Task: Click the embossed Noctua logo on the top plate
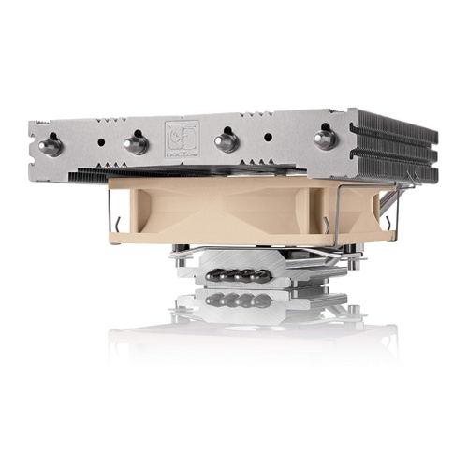pyautogui.click(x=178, y=137)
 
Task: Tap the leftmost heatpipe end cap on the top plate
pyautogui.click(x=51, y=146)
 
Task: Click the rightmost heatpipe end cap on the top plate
pyautogui.click(x=324, y=139)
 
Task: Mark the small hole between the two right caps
pyautogui.click(x=268, y=136)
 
